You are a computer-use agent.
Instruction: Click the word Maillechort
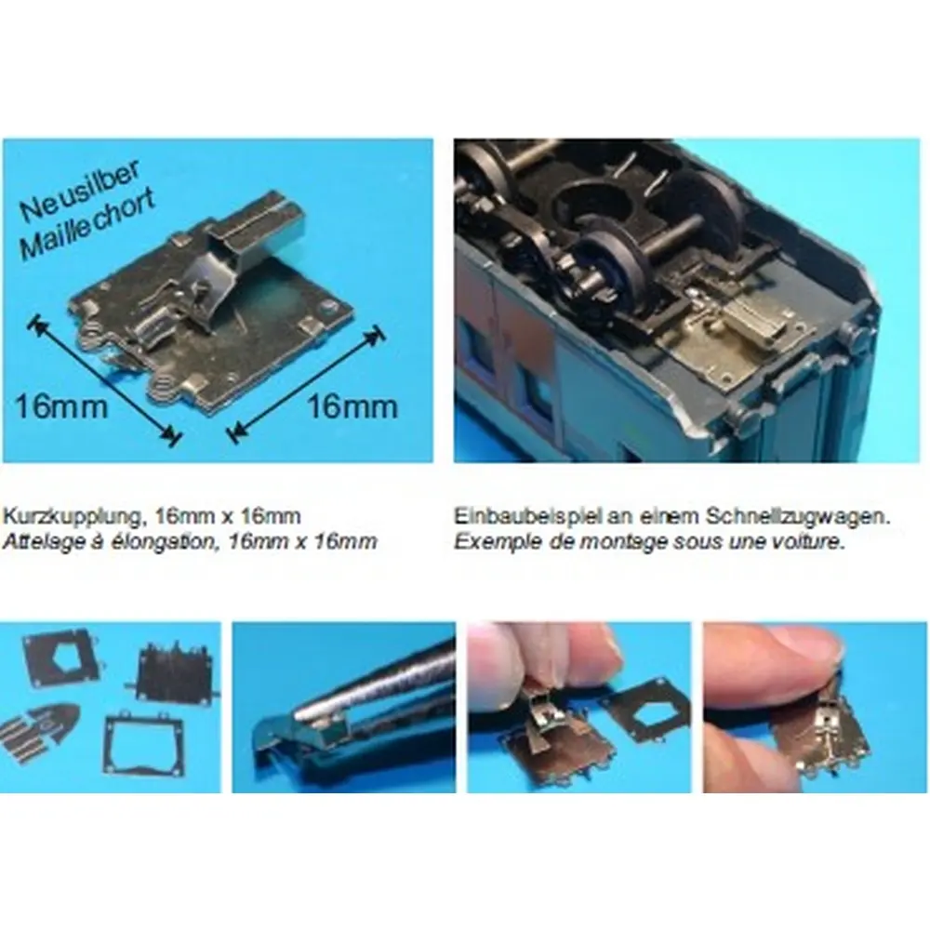coord(87,225)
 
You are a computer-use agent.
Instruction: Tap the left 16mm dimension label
coord(61,407)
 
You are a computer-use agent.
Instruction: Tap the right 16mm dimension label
coord(352,407)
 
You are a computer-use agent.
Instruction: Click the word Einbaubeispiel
coord(528,516)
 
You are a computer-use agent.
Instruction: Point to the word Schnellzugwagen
coord(798,517)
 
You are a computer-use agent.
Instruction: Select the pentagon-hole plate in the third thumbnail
coord(645,711)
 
